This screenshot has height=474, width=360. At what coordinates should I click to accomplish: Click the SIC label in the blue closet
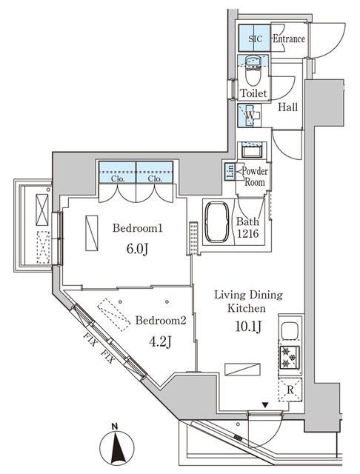[254, 39]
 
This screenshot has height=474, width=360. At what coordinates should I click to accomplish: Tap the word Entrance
[288, 39]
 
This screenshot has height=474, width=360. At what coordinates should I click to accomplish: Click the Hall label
[288, 107]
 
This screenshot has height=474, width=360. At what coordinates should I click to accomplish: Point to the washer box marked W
[250, 116]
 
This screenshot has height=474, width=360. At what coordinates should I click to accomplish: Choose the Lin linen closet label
[230, 172]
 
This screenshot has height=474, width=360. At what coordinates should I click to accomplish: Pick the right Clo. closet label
[154, 178]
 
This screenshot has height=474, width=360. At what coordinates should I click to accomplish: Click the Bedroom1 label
[138, 229]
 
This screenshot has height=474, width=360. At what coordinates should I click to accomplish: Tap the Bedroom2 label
[160, 321]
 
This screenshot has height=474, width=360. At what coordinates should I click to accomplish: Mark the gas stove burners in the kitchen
[288, 358]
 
